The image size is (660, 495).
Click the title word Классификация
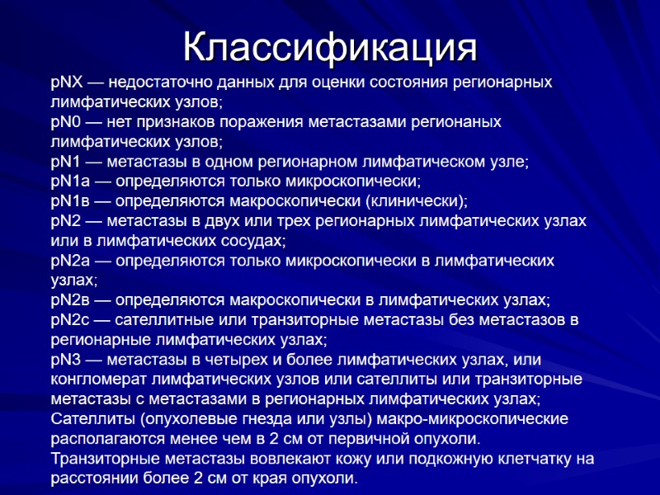tap(329, 47)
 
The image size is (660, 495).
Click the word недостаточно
tap(158, 83)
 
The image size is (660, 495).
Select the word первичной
tap(354, 439)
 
